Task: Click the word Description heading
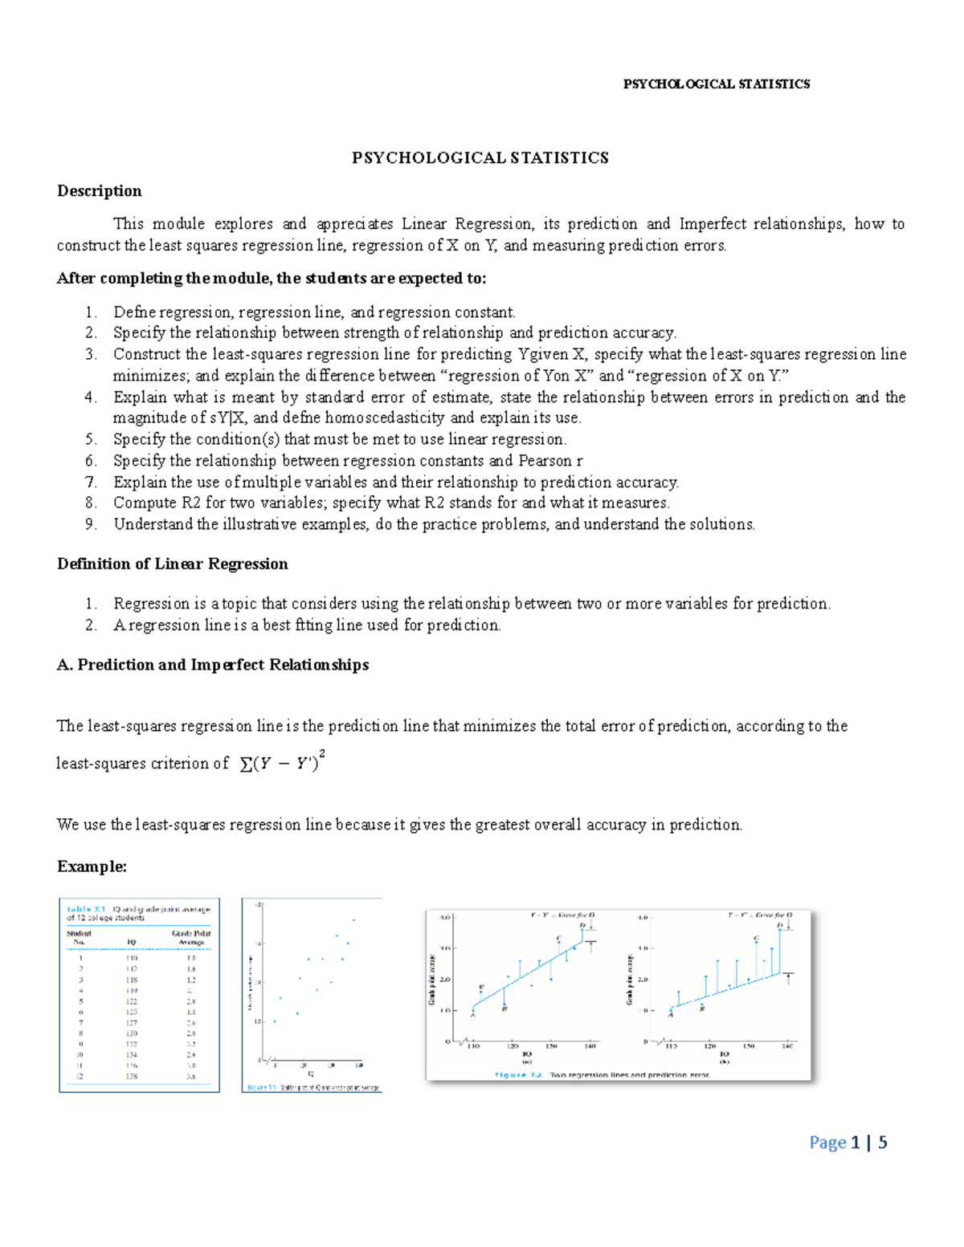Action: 99,191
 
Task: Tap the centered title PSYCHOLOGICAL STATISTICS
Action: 480,158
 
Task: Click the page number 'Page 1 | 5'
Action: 848,1143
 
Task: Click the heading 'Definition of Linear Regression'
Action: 172,564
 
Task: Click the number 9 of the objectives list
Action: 91,524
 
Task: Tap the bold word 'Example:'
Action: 92,866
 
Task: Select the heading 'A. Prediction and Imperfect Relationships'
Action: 213,665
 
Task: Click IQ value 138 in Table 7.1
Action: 132,1076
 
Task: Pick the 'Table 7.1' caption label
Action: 86,910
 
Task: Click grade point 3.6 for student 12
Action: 191,1076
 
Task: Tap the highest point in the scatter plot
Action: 353,919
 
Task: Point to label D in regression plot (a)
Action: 582,925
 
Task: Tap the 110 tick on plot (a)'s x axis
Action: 473,1046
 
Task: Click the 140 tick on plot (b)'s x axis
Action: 788,1046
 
